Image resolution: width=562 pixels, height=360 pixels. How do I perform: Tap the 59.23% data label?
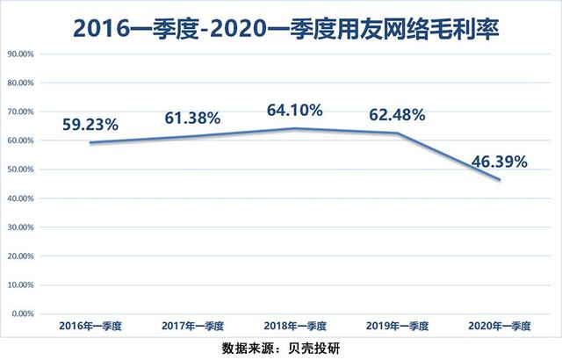[x=90, y=125]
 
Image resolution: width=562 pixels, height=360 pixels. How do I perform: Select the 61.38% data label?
[x=192, y=118]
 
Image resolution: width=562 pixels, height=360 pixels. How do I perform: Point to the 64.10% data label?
[x=295, y=110]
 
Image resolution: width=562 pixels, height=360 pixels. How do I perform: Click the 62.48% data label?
[x=398, y=114]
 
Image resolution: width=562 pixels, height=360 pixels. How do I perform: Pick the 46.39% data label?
[x=498, y=162]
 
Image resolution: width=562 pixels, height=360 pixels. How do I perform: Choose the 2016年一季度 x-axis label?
[x=90, y=326]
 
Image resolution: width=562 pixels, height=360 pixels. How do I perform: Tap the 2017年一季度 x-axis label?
[x=192, y=326]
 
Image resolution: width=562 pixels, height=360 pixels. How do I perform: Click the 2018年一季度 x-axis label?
[x=295, y=326]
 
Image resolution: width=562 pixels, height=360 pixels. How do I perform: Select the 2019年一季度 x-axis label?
[x=398, y=326]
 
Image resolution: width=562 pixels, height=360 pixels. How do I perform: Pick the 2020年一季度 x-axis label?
[x=501, y=326]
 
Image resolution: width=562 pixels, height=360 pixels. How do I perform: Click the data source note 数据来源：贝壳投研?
[x=281, y=345]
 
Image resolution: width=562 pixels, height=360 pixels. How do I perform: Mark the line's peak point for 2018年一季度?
[x=295, y=129]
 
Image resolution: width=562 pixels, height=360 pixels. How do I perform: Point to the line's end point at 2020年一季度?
[x=501, y=180]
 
